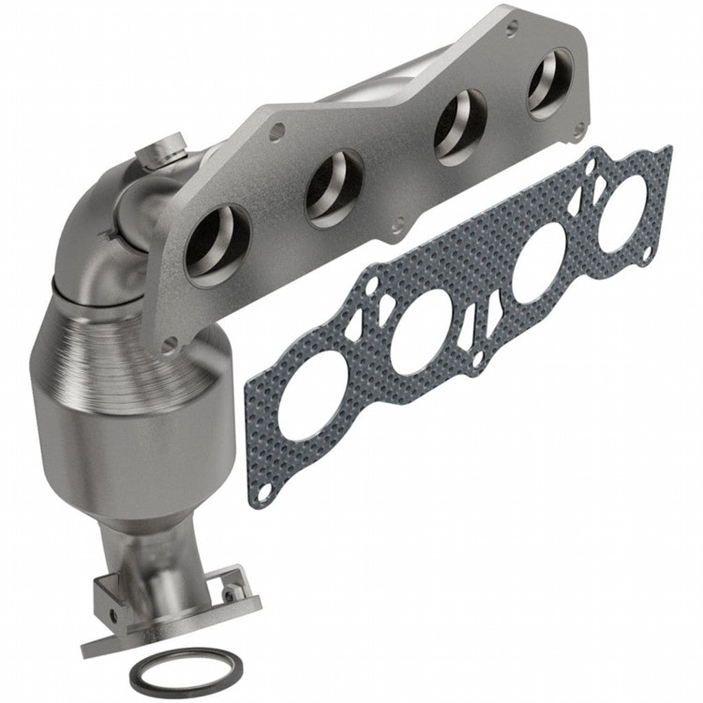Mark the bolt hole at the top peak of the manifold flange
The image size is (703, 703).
pos(511,30)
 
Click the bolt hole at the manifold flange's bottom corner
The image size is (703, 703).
pos(169,344)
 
